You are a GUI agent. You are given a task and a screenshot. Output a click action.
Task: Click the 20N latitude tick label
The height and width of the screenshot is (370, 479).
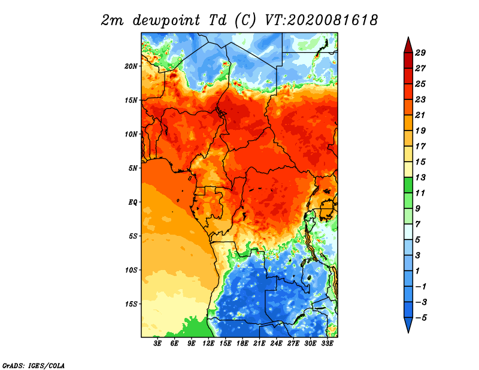point(131,66)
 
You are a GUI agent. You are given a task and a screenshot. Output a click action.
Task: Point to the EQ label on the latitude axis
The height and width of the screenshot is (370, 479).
point(133,202)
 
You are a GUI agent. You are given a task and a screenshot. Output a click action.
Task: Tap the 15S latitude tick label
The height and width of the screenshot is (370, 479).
point(131,304)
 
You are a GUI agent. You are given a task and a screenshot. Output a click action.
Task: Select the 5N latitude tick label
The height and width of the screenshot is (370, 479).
point(133,168)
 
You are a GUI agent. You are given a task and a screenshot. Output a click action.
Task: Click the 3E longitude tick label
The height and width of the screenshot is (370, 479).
point(157,344)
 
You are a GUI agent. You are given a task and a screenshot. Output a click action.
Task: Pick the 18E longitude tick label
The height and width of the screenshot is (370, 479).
point(242,344)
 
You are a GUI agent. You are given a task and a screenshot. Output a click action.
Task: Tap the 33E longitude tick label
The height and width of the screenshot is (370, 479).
point(327,344)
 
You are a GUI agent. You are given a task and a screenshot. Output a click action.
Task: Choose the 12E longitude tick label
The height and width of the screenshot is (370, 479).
point(208,344)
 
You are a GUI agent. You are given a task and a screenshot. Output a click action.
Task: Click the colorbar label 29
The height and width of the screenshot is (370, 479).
point(420,53)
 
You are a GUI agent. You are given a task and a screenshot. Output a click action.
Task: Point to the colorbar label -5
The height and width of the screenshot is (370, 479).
point(421,318)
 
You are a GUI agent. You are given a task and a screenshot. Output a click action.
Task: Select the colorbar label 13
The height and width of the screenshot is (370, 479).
point(420,177)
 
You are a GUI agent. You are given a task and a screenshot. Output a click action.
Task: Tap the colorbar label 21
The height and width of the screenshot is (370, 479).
point(420,115)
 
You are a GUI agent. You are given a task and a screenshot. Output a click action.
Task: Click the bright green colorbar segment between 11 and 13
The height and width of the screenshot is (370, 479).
point(408,185)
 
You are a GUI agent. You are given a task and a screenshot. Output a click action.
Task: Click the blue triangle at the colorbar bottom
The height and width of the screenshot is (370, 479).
point(408,324)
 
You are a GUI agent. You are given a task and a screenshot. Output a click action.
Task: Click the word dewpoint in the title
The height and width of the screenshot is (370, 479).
point(166,20)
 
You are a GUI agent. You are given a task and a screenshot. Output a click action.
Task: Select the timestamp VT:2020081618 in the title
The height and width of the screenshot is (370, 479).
point(322,20)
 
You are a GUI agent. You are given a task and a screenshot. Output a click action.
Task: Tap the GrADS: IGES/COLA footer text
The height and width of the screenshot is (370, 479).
point(34,365)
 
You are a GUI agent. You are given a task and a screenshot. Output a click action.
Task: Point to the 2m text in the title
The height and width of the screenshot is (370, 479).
point(113,20)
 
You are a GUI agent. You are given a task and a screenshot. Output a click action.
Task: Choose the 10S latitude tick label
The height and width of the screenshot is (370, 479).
point(131,270)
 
